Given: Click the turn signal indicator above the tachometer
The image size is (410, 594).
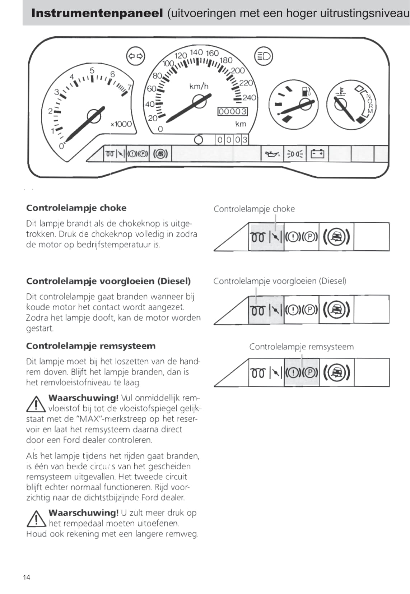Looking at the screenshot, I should (136, 56).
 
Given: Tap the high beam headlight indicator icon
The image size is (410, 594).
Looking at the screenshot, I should (264, 56).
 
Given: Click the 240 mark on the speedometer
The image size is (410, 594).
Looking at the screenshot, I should (249, 98).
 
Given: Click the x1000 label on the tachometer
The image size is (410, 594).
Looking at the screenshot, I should (121, 124).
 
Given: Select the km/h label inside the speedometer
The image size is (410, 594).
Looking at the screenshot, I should (199, 87).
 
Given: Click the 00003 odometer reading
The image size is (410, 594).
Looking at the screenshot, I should (233, 111).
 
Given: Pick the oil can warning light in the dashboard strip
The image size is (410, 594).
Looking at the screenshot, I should (272, 154).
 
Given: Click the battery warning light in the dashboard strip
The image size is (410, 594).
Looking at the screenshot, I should (317, 154).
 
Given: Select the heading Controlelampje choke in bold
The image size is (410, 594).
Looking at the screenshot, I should (76, 208).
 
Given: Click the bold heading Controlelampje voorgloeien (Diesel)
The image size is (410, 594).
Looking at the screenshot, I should (108, 281).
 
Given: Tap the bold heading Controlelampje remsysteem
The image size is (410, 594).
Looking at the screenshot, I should (90, 346).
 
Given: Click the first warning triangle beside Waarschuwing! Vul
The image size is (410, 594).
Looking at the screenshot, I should (36, 404).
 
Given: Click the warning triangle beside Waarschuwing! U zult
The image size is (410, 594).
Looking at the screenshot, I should (36, 519).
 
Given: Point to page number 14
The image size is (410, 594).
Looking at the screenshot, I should (27, 577).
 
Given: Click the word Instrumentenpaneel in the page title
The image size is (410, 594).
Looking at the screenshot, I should (97, 13).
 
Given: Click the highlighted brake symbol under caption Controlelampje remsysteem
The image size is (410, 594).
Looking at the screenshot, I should (302, 372).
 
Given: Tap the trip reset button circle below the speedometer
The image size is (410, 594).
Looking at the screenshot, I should (198, 139).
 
